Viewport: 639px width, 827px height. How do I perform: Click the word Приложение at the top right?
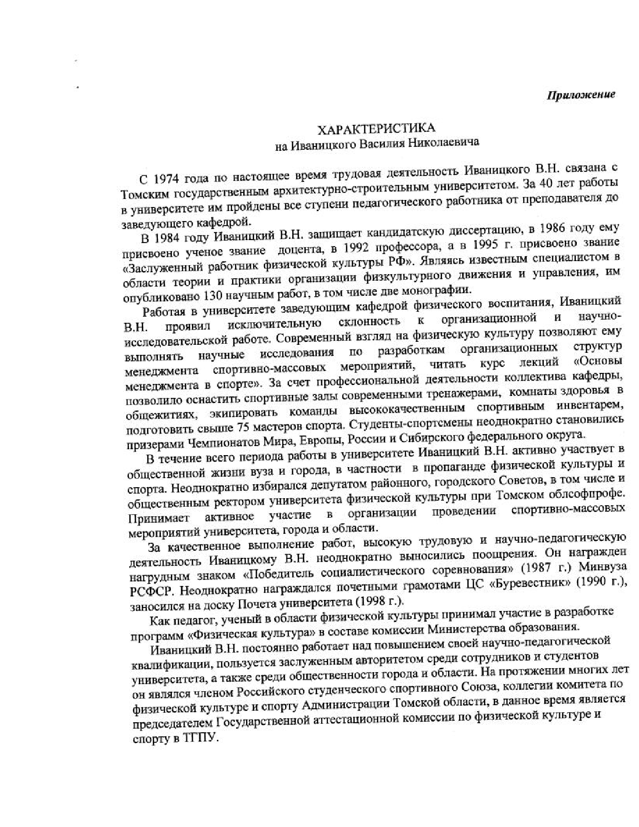(x=580, y=95)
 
